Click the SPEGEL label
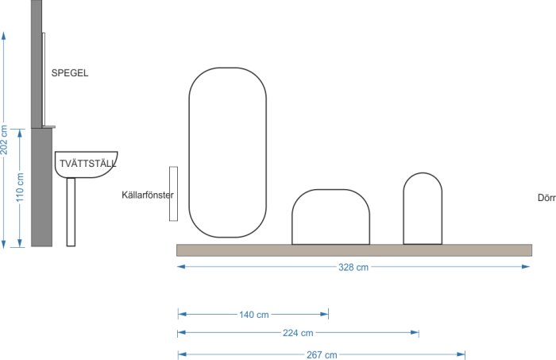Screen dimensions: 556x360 click(x=70, y=73)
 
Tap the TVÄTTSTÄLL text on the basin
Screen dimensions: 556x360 click(x=87, y=164)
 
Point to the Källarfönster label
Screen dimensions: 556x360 click(x=148, y=195)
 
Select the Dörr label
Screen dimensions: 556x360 click(x=546, y=198)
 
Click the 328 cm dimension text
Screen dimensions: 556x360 click(x=353, y=267)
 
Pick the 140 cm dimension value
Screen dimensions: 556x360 click(x=254, y=315)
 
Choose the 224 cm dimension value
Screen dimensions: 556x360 click(x=298, y=333)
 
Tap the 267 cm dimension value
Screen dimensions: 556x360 click(x=322, y=354)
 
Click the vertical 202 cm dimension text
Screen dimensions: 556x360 click(x=4, y=140)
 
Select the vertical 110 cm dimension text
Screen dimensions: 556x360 click(x=20, y=188)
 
